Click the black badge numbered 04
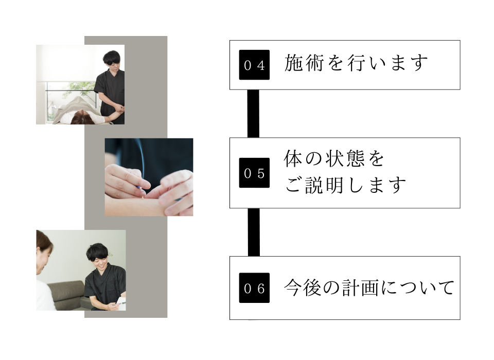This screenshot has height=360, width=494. (254, 65)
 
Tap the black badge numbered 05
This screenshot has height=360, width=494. (254, 173)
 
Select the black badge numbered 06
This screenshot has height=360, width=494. (254, 288)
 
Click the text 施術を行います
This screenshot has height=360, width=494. (356, 64)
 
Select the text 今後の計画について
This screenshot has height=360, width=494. (369, 287)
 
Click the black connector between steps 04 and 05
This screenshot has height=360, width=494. (253, 114)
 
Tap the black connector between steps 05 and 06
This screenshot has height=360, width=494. (253, 232)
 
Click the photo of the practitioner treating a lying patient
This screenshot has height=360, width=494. (80, 84)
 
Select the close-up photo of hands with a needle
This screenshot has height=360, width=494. (149, 176)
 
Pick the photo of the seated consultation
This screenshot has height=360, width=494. (81, 270)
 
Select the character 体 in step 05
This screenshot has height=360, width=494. (293, 159)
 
